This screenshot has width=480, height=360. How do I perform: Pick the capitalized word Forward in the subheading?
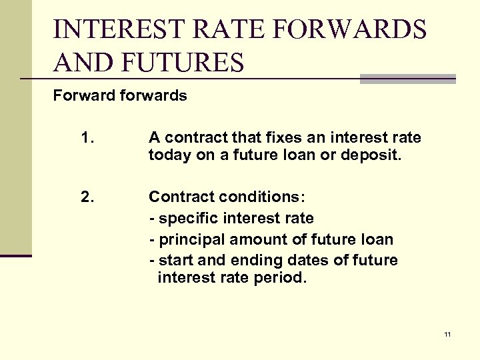84,95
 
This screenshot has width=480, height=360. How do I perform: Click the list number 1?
86,138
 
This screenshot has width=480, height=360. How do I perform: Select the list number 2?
87,197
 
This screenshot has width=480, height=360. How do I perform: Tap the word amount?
254,239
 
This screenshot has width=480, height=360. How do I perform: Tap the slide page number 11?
447,334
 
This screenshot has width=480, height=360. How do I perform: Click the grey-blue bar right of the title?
407,79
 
